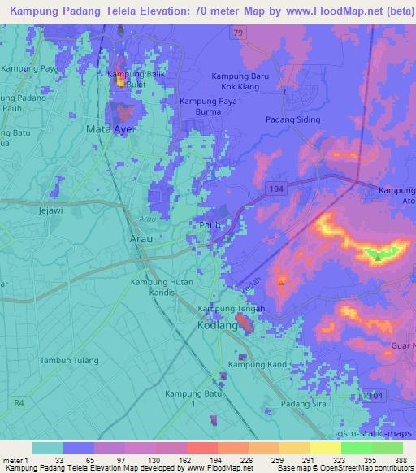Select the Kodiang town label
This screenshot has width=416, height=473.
pyautogui.click(x=217, y=324)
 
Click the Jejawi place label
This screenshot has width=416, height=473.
pyautogui.click(x=50, y=209)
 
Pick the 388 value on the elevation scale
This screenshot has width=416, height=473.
pyautogui.click(x=403, y=460)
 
